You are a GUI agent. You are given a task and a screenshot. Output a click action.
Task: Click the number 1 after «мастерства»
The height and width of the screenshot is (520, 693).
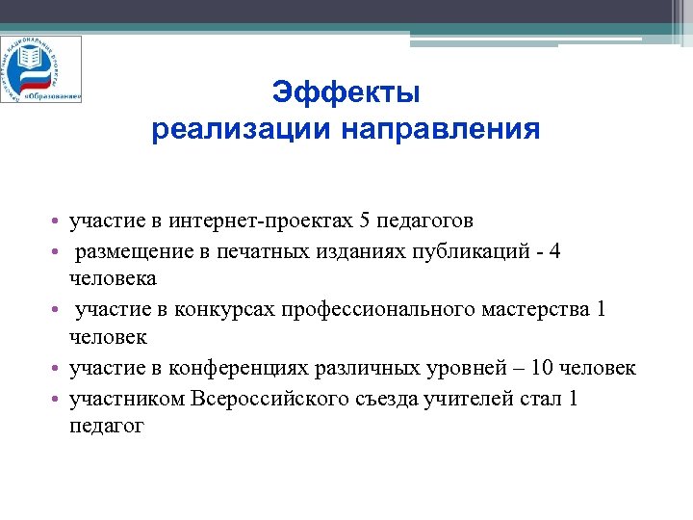(x=602, y=310)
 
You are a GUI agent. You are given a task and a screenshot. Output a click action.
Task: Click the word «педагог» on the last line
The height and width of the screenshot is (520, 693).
(x=107, y=426)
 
